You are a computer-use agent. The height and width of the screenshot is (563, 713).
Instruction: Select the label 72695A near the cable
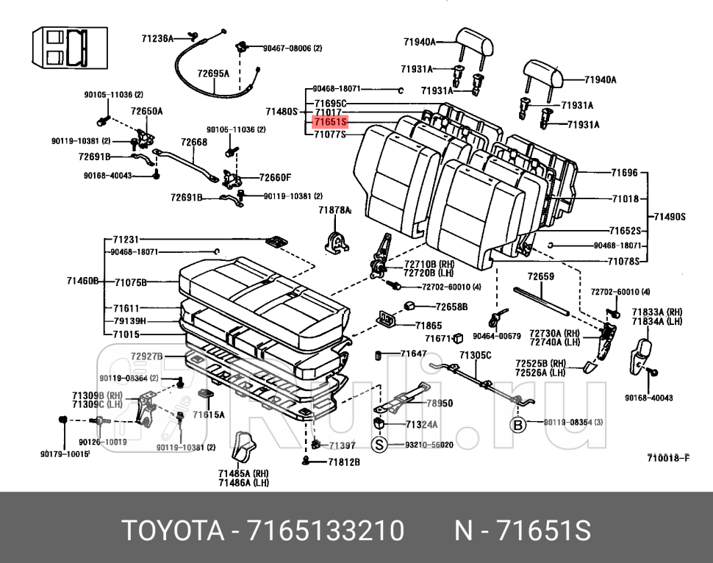(x=213, y=73)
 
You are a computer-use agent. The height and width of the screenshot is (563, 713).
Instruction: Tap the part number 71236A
(x=157, y=38)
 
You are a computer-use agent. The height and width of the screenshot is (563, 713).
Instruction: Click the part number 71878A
(x=334, y=210)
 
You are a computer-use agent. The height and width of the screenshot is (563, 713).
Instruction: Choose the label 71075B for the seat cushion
(x=131, y=282)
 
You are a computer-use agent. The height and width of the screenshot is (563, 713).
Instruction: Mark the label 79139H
(x=130, y=321)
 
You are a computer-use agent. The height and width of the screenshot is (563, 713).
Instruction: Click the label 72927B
(x=146, y=356)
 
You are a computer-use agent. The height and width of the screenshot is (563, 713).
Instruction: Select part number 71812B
(x=343, y=462)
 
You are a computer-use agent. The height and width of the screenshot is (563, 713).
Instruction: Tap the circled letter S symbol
(x=379, y=445)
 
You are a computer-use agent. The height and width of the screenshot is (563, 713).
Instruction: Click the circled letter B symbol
(x=519, y=424)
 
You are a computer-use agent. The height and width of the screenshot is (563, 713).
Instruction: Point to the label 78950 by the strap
(x=440, y=404)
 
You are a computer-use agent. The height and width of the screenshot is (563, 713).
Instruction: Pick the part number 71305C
(x=475, y=356)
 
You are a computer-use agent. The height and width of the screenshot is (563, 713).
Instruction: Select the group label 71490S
(x=670, y=217)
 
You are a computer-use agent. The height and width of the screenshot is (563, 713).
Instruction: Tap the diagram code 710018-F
(x=667, y=459)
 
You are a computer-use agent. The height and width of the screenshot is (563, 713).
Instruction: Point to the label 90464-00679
(x=497, y=336)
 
